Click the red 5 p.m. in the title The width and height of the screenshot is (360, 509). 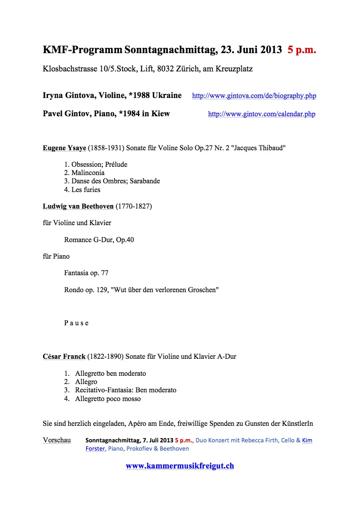pyautogui.click(x=302, y=50)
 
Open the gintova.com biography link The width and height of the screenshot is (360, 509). pyautogui.click(x=254, y=96)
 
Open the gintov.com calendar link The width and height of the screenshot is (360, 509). pyautogui.click(x=262, y=114)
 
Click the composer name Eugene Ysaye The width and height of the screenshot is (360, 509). pyautogui.click(x=65, y=148)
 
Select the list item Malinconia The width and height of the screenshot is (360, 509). pyautogui.click(x=88, y=173)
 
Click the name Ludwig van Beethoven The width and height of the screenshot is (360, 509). pyautogui.click(x=78, y=206)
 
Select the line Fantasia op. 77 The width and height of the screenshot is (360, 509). pyautogui.click(x=86, y=273)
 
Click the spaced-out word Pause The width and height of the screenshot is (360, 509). pyautogui.click(x=76, y=323)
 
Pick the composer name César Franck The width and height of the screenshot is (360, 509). pyautogui.click(x=64, y=357)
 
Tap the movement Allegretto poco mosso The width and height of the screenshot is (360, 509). pyautogui.click(x=108, y=399)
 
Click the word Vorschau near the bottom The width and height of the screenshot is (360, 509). pyautogui.click(x=57, y=440)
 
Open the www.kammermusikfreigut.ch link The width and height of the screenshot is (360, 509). pyautogui.click(x=180, y=466)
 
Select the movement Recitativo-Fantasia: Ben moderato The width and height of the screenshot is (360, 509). pyautogui.click(x=126, y=390)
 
